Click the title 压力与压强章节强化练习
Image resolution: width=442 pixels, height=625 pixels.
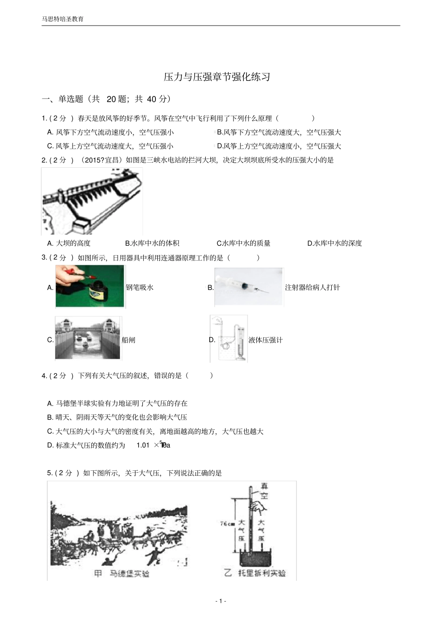pyautogui.click(x=217, y=77)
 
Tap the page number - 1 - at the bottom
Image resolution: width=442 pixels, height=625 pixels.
pyautogui.click(x=221, y=601)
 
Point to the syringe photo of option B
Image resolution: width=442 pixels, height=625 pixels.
pyautogui.click(x=248, y=287)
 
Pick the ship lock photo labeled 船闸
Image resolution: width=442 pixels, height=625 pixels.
pyautogui.click(x=88, y=338)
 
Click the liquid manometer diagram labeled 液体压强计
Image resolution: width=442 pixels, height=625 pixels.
pyautogui.click(x=228, y=339)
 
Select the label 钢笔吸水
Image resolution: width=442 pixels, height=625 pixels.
pyautogui.click(x=140, y=288)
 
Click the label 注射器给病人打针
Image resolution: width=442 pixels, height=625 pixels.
pyautogui.click(x=312, y=288)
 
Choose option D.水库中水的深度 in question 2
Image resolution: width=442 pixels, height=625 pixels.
pyautogui.click(x=335, y=243)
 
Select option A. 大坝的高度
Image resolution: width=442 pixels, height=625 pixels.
pyautogui.click(x=69, y=243)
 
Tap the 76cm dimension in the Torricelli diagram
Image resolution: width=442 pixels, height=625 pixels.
pyautogui.click(x=227, y=524)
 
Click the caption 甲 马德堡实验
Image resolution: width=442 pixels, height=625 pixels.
pyautogui.click(x=121, y=574)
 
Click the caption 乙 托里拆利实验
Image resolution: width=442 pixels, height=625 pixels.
pyautogui.click(x=255, y=573)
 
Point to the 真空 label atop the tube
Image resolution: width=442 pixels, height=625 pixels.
pyautogui.click(x=264, y=491)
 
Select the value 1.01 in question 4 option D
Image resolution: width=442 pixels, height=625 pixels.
pyautogui.click(x=143, y=445)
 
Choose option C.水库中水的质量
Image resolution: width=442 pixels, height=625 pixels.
pyautogui.click(x=243, y=243)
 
